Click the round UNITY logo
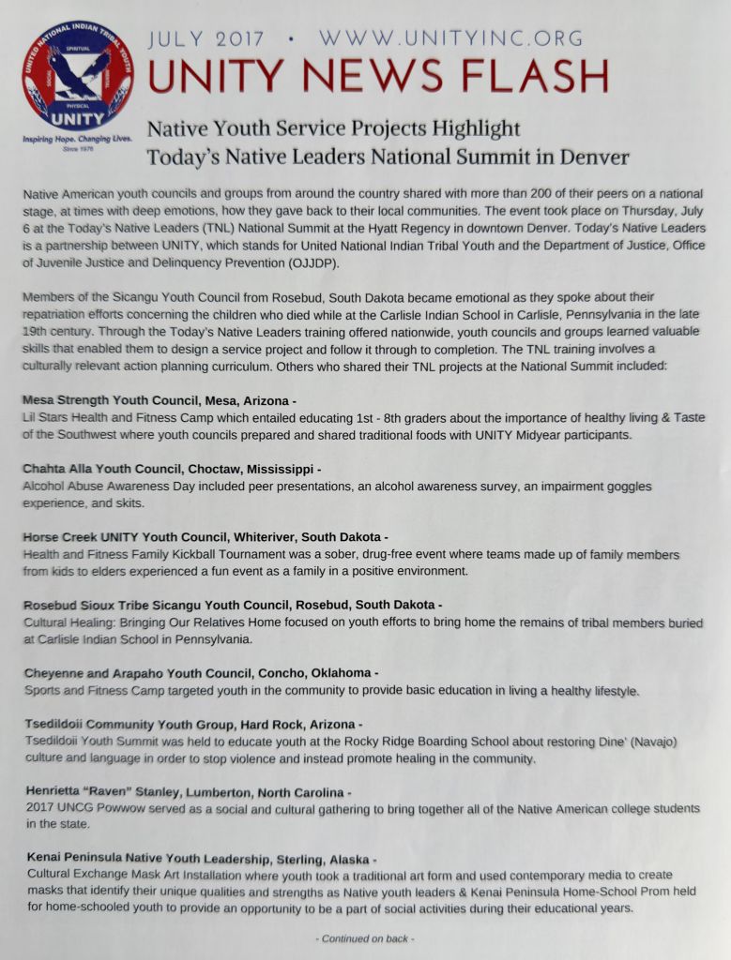click(x=78, y=76)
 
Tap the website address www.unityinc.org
click(x=450, y=39)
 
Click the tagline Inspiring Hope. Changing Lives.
click(x=78, y=139)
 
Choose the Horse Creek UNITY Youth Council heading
click(x=204, y=537)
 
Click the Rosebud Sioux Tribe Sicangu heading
click(x=231, y=605)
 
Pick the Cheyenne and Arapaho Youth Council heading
click(x=199, y=673)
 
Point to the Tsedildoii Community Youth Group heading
click(x=190, y=725)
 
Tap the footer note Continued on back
click(x=365, y=938)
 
